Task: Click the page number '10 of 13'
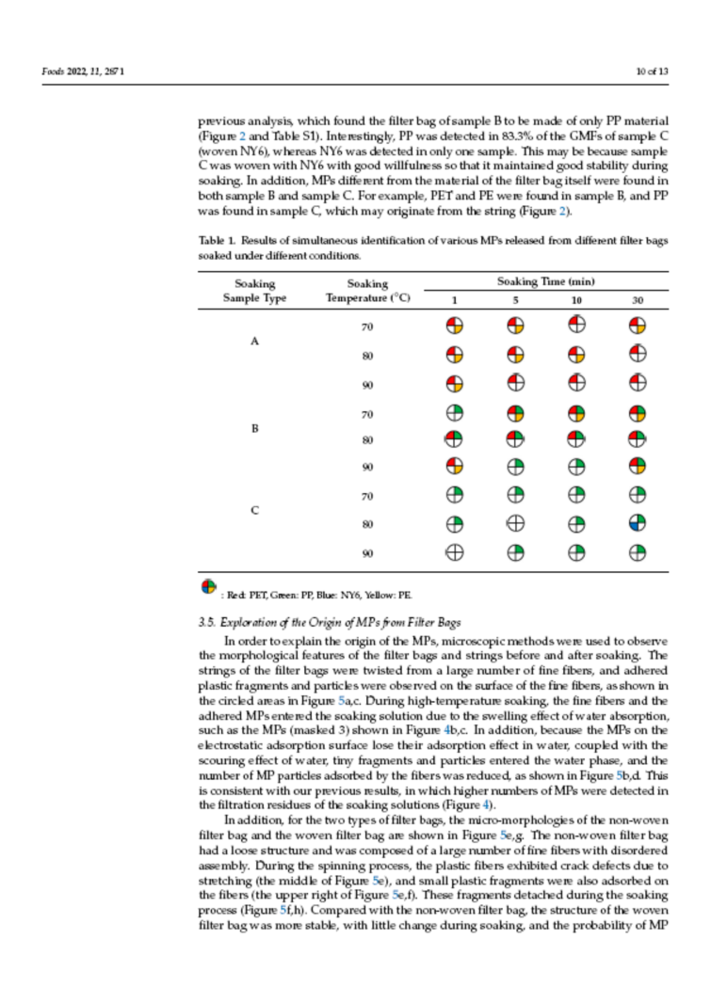tap(653, 72)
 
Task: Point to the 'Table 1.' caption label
tap(216, 242)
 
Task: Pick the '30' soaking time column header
tap(638, 299)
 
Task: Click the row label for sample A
tap(253, 342)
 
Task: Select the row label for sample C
tap(253, 510)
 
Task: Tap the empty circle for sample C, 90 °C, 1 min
tap(455, 553)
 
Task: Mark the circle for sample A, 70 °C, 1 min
tap(455, 326)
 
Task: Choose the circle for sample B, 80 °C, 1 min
tap(455, 439)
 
